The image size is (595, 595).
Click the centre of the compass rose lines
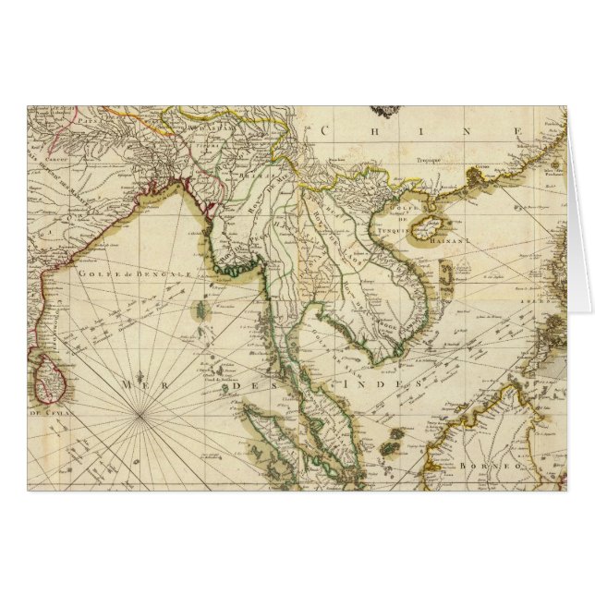(x=139, y=417)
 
